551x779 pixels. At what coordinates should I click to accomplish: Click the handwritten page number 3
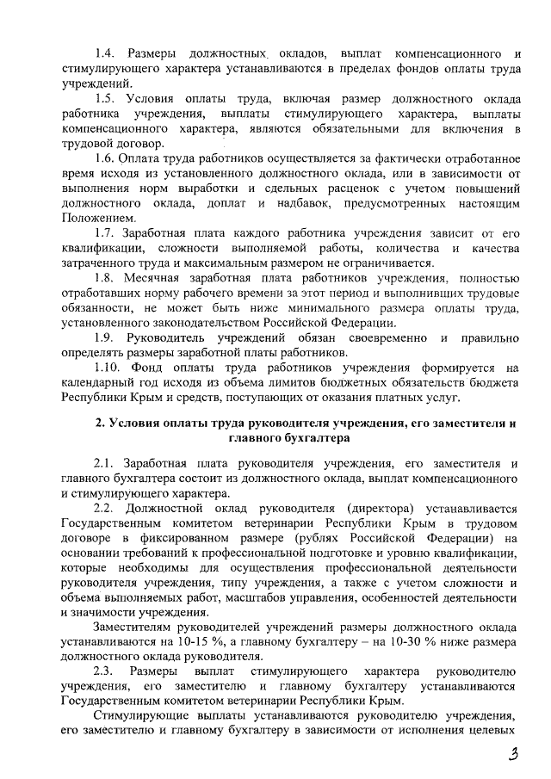click(513, 755)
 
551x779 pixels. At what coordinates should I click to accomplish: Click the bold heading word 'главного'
click(258, 438)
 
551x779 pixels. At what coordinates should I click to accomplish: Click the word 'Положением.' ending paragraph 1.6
click(97, 218)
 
